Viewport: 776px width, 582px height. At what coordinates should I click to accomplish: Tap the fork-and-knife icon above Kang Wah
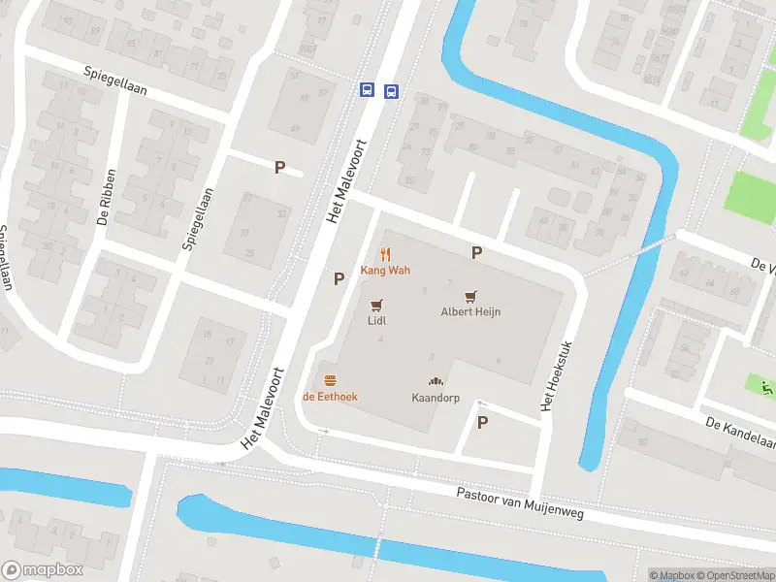pyautogui.click(x=385, y=253)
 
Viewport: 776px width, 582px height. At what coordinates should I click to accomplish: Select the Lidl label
pyautogui.click(x=377, y=319)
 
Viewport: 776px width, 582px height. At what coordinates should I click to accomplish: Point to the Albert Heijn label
pyautogui.click(x=470, y=312)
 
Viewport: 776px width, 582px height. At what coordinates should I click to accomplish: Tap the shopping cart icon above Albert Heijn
pyautogui.click(x=471, y=296)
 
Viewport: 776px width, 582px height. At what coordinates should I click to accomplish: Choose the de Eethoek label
pyautogui.click(x=330, y=396)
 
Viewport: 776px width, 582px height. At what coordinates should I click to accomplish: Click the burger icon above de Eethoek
pyautogui.click(x=330, y=379)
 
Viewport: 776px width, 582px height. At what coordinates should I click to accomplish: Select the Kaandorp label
pyautogui.click(x=434, y=398)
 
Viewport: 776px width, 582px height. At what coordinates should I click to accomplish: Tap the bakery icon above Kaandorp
pyautogui.click(x=435, y=381)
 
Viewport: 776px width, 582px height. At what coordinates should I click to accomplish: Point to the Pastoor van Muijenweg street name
pyautogui.click(x=520, y=503)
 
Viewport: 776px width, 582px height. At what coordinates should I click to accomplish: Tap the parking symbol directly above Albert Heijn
pyautogui.click(x=476, y=253)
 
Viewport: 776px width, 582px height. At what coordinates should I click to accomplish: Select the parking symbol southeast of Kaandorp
pyautogui.click(x=482, y=422)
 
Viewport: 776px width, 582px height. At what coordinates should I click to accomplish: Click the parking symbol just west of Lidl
pyautogui.click(x=339, y=279)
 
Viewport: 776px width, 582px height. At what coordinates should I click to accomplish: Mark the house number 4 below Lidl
pyautogui.click(x=380, y=339)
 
